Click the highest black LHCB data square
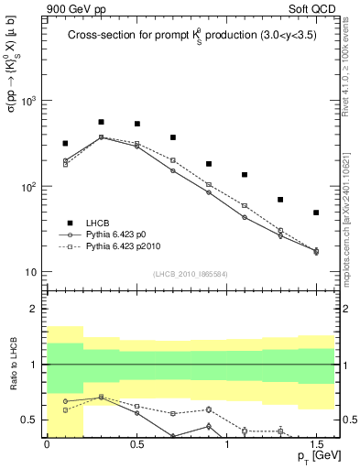101,122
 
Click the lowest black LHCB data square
316,213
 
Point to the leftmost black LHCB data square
65,144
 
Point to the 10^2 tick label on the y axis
29,187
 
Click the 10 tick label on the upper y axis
31,273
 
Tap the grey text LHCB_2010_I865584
191,274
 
